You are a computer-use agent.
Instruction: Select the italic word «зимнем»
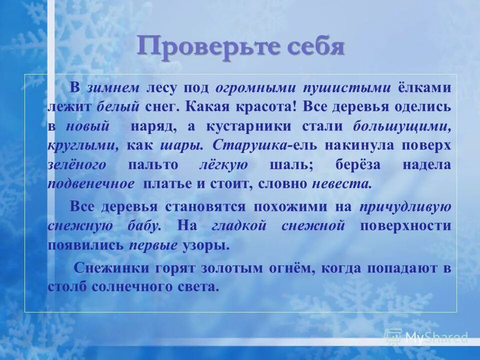pos(113,88)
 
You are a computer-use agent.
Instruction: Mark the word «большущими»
pos(402,126)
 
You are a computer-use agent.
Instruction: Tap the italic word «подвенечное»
pos(91,183)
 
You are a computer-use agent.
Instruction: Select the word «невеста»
pos(342,183)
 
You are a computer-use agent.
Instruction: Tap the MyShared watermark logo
pos(426,337)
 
